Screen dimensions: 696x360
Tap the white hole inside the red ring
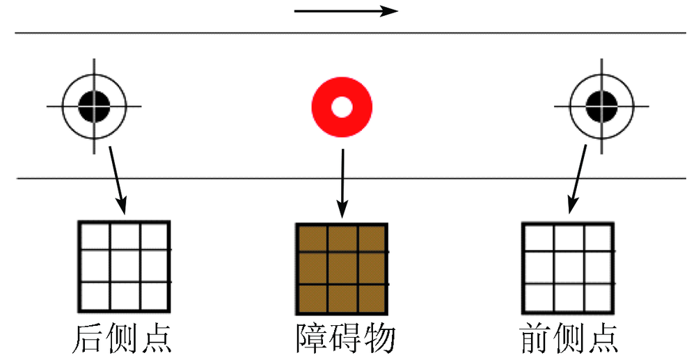[x=342, y=107]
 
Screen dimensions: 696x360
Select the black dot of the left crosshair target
[x=94, y=107]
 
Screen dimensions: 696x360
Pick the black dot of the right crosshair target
[x=602, y=107]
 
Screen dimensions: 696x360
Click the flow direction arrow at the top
[x=346, y=11]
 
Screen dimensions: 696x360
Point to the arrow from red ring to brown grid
[x=342, y=183]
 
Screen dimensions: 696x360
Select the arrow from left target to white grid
[x=118, y=180]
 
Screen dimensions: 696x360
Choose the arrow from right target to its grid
[x=578, y=179]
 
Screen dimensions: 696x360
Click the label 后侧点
[x=122, y=339]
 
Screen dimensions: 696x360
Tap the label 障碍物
[x=345, y=339]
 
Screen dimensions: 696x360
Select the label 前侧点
[x=569, y=339]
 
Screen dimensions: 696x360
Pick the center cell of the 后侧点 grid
[x=125, y=266]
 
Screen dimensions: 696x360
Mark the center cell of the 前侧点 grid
[x=569, y=267]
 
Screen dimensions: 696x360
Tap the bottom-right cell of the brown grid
[x=371, y=298]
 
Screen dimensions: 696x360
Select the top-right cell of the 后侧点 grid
[x=154, y=237]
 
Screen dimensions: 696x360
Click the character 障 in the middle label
[x=312, y=339]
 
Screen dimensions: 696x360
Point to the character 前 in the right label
[x=535, y=339]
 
